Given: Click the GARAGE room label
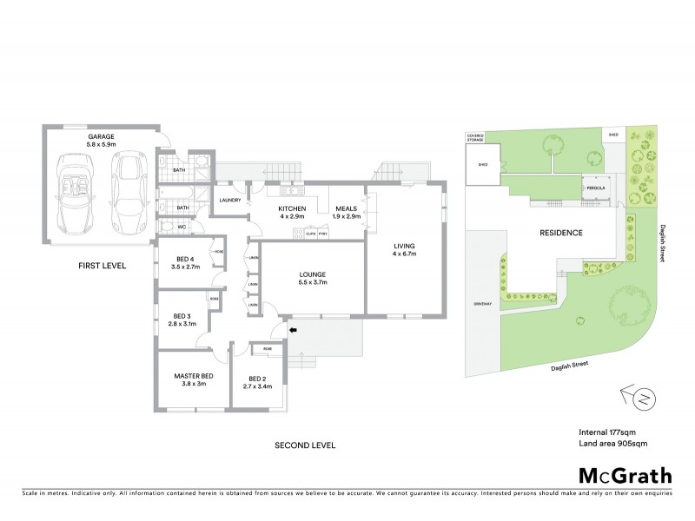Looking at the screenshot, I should (x=102, y=137).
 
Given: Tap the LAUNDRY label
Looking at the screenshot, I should (x=230, y=201).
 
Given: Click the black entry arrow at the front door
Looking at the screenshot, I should (x=292, y=329).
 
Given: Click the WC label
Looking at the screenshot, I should (x=182, y=228).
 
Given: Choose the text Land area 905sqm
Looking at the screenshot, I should (x=612, y=444).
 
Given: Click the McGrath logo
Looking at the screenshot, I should (x=625, y=475).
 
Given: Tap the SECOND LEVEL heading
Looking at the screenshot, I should (x=304, y=445).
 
